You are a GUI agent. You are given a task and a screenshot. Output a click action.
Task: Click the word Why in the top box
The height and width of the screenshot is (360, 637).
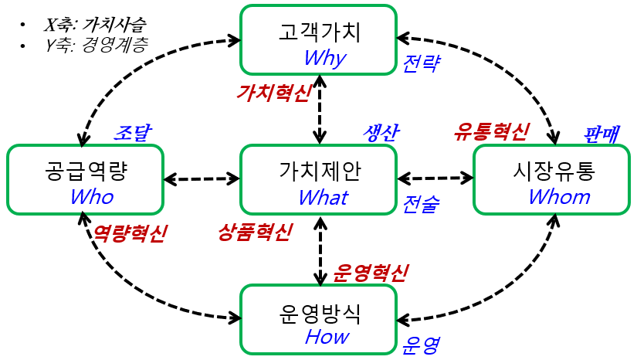pyautogui.click(x=324, y=58)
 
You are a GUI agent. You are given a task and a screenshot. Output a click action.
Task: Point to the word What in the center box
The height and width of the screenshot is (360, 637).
pyautogui.click(x=323, y=197)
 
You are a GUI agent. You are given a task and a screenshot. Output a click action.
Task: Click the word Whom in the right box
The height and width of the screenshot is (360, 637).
pyautogui.click(x=559, y=197)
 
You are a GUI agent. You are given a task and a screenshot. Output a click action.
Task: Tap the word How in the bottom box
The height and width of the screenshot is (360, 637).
pyautogui.click(x=327, y=337)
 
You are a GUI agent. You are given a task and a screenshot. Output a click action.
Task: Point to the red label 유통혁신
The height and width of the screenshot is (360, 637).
pyautogui.click(x=491, y=131)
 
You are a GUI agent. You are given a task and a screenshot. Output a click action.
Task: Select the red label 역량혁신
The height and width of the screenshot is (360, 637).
pyautogui.click(x=128, y=233)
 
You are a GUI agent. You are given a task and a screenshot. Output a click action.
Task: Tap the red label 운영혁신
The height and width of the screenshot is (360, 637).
pyautogui.click(x=371, y=272)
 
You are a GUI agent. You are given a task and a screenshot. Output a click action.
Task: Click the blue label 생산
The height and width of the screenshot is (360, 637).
pyautogui.click(x=381, y=132)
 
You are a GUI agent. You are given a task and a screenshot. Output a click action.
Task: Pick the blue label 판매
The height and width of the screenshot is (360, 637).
pyautogui.click(x=601, y=134)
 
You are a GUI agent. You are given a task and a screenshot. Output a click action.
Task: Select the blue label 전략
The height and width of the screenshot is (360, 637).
pyautogui.click(x=421, y=63)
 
